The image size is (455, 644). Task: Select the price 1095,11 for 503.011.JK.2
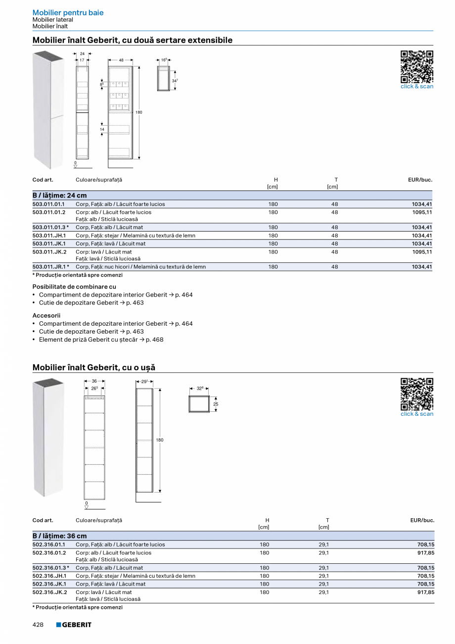coord(422,252)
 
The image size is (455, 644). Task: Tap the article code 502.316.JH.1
coord(49,576)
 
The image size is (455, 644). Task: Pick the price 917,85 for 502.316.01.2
coord(425,553)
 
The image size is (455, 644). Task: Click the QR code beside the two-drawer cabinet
coord(416,66)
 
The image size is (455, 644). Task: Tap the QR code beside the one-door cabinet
coord(416,394)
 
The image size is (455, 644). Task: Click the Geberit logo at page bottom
coord(74,625)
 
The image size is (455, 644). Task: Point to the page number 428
coord(38,625)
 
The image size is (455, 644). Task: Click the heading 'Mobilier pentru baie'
coord(68,13)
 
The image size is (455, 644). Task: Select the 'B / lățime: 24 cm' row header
coord(59,196)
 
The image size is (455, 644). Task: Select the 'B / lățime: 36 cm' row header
coord(59,536)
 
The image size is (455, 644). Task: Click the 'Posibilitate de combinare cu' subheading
coord(74,287)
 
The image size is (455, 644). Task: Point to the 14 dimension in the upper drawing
coord(102,129)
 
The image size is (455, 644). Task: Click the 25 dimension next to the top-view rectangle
coord(215,404)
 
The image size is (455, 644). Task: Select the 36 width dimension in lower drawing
coord(94,381)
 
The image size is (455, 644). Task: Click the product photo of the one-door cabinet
coord(48,437)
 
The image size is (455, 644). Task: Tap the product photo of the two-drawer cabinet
coord(48,109)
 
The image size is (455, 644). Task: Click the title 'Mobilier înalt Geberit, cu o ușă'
coord(93,367)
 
